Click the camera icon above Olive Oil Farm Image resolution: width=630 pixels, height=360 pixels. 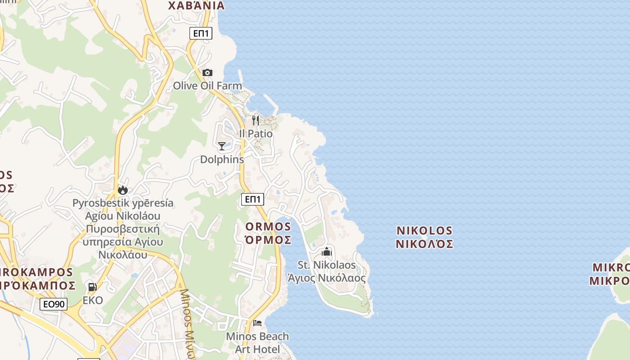click(207, 72)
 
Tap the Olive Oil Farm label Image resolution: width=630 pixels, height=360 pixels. click(207, 85)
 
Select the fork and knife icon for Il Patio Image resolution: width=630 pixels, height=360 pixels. click(256, 120)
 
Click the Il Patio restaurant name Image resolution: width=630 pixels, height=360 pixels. click(256, 134)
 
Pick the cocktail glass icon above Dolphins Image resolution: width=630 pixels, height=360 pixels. click(222, 146)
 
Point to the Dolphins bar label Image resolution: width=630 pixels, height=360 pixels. click(222, 159)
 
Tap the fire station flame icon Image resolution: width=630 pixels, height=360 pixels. click(123, 190)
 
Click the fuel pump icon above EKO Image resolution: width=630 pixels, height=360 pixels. click(93, 287)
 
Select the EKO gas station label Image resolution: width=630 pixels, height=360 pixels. click(93, 300)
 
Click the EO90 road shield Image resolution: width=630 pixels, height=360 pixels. click(54, 304)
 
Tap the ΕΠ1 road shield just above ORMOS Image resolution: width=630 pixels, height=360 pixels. click(252, 199)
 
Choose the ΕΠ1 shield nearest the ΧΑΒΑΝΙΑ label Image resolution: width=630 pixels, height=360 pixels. click(201, 33)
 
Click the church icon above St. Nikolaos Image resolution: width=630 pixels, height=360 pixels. click(327, 252)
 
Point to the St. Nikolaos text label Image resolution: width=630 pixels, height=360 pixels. click(327, 265)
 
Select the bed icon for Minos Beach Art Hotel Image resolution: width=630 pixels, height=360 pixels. click(257, 323)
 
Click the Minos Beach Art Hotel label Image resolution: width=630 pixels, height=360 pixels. click(257, 342)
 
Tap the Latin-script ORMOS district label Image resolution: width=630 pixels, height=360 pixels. click(268, 226)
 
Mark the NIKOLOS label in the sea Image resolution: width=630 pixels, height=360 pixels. click(424, 231)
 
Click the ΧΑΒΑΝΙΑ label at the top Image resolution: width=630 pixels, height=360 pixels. click(196, 6)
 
